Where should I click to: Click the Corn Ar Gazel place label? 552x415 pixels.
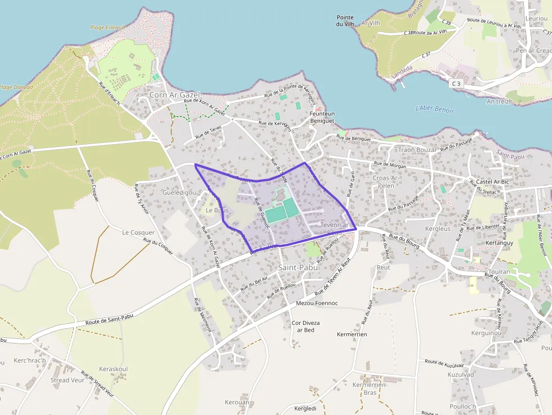tap(174, 95)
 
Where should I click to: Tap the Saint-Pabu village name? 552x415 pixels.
tap(298, 267)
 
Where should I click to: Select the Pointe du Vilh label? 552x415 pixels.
tap(345, 21)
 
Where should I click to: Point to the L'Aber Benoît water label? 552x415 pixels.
tap(434, 109)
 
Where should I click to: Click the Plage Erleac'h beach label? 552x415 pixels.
tap(108, 27)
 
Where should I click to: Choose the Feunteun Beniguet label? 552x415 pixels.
tap(322, 117)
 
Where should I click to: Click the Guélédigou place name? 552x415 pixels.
tap(179, 193)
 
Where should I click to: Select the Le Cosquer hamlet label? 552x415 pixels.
tap(138, 232)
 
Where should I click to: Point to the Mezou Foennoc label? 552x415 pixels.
tap(317, 303)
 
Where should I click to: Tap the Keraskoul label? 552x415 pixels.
tap(113, 369)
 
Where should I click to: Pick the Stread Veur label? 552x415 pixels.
tap(68, 380)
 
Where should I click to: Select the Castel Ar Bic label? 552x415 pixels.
tap(493, 182)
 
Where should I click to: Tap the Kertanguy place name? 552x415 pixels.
tap(499, 243)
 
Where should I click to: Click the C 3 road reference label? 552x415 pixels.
tap(456, 83)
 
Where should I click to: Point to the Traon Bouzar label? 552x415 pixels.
tap(417, 150)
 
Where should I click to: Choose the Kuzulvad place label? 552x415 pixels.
tap(461, 374)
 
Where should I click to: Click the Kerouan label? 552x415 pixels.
tap(237, 403)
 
